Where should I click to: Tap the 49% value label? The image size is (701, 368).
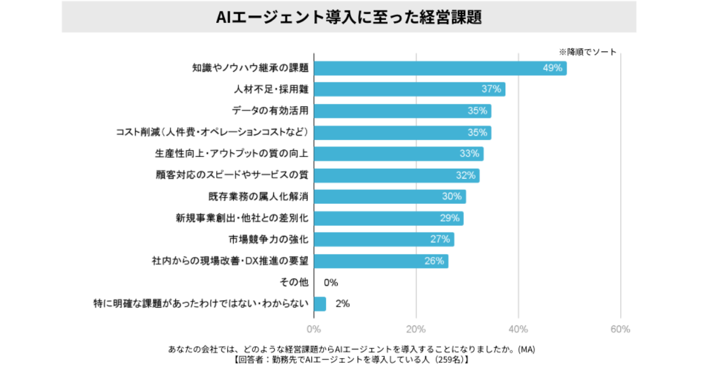(x=552, y=68)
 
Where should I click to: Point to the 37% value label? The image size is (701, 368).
(x=491, y=89)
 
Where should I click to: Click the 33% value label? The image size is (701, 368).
(x=470, y=154)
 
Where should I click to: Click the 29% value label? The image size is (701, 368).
(x=449, y=218)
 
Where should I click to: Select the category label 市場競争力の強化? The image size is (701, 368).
(x=268, y=239)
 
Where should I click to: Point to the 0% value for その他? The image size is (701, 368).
(x=331, y=283)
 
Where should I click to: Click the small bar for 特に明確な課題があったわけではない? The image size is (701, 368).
(x=320, y=304)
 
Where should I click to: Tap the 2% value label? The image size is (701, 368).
(x=342, y=304)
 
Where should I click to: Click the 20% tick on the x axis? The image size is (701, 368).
(x=416, y=329)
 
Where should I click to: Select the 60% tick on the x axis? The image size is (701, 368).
(x=620, y=329)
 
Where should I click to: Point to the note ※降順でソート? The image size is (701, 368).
(x=588, y=52)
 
